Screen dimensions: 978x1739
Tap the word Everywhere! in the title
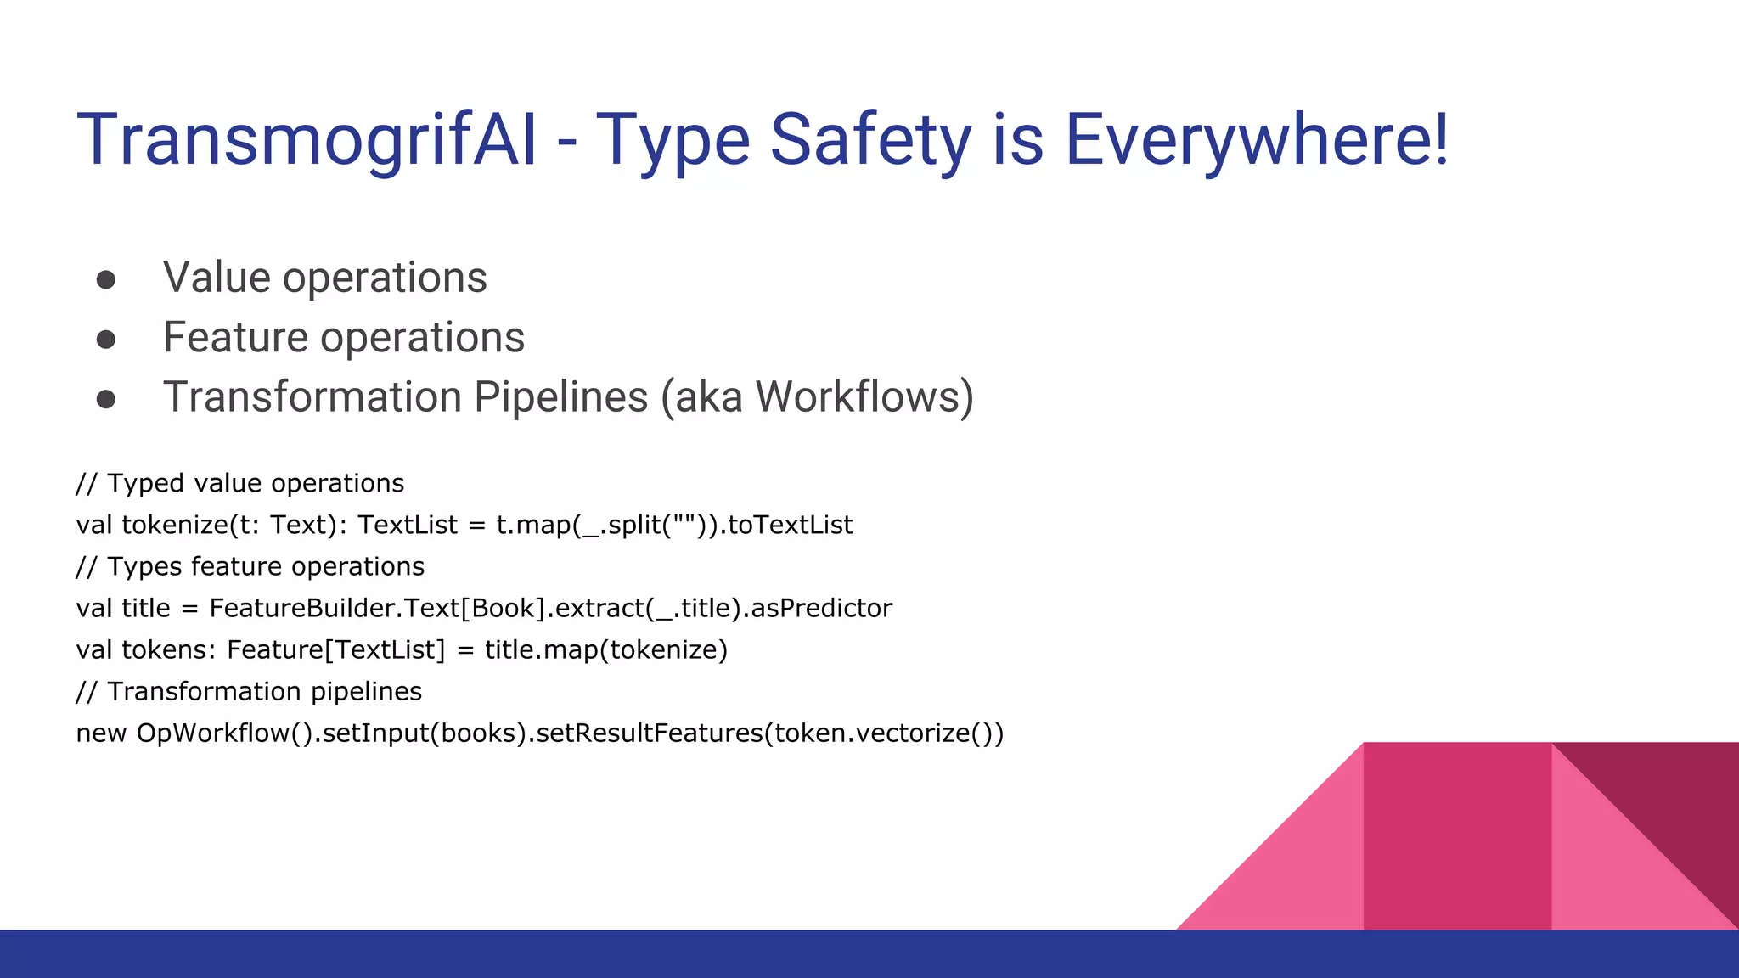coord(1257,140)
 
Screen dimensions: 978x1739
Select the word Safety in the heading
coord(870,140)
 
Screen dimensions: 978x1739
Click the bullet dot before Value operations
coord(106,280)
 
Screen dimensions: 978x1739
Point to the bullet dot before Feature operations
coord(106,340)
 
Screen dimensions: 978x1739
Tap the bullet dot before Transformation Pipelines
coord(106,399)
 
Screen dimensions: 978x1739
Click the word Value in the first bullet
coord(216,278)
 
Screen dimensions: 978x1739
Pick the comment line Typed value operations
coord(240,483)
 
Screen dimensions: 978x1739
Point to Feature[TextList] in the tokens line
coord(336,649)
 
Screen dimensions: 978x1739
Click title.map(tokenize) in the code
coord(606,649)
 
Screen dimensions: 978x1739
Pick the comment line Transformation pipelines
coord(249,691)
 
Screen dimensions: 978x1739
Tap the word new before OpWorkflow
coord(101,733)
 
